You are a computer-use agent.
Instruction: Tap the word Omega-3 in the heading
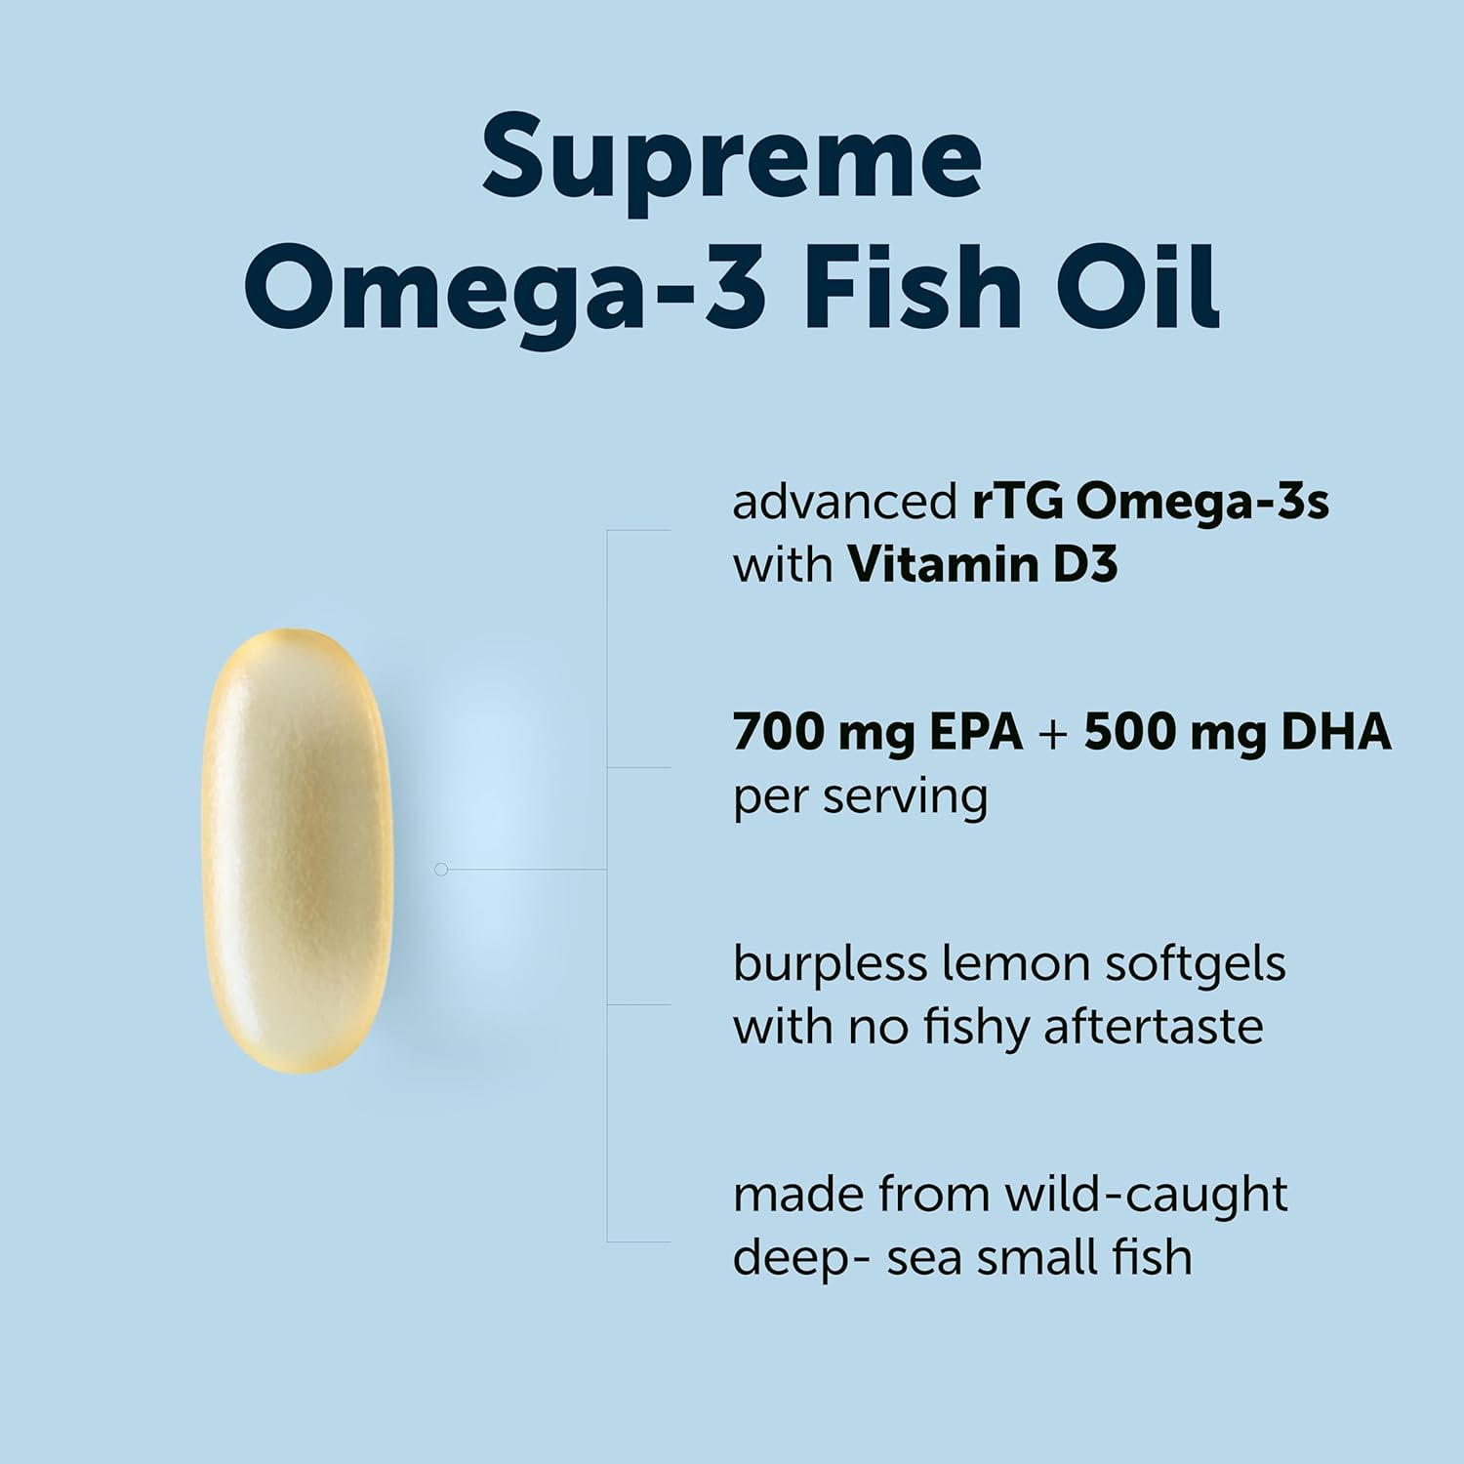504,288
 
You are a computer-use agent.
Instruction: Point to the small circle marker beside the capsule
441,869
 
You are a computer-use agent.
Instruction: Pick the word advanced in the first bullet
844,503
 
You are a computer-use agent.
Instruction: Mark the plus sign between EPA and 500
1053,734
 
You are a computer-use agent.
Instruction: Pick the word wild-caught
1146,1195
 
